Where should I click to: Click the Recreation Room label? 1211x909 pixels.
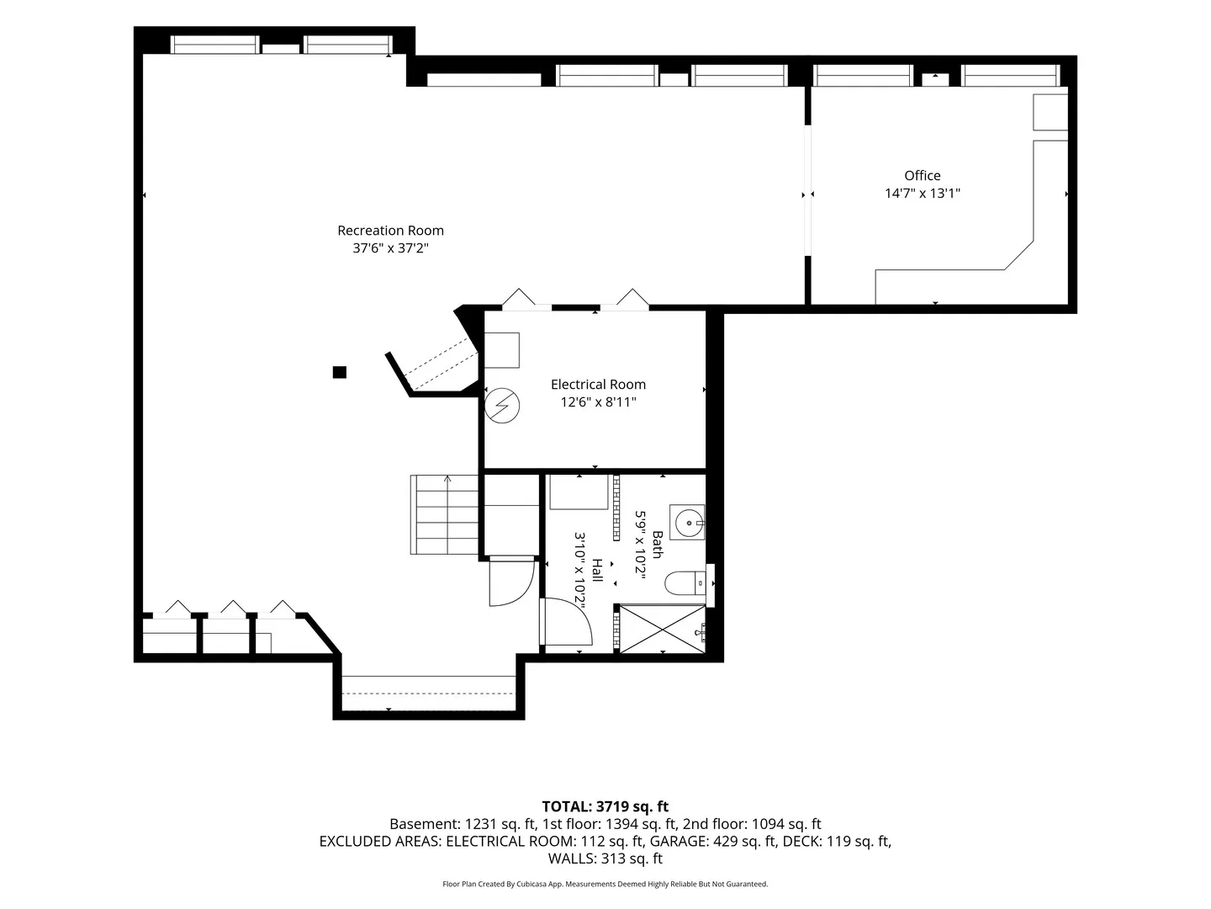click(390, 230)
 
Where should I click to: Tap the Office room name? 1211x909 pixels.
click(922, 176)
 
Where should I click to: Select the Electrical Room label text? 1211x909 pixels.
click(598, 384)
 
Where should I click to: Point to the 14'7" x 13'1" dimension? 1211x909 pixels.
click(923, 194)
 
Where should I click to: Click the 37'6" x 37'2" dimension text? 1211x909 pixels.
click(390, 247)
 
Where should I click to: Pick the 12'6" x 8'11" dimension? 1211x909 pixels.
click(598, 401)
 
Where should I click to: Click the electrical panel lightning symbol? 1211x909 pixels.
click(502, 406)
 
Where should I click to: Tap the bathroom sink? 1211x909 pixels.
click(687, 522)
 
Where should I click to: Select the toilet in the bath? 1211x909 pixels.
click(685, 583)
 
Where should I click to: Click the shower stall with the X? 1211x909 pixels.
click(663, 630)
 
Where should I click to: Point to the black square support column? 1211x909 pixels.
click(340, 373)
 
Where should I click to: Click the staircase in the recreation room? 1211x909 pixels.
click(444, 514)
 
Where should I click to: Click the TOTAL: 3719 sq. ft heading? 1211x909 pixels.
click(605, 806)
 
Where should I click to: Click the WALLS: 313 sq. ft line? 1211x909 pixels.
click(605, 858)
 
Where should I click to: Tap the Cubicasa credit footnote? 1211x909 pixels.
click(605, 884)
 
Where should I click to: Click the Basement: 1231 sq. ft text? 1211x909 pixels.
click(463, 824)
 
